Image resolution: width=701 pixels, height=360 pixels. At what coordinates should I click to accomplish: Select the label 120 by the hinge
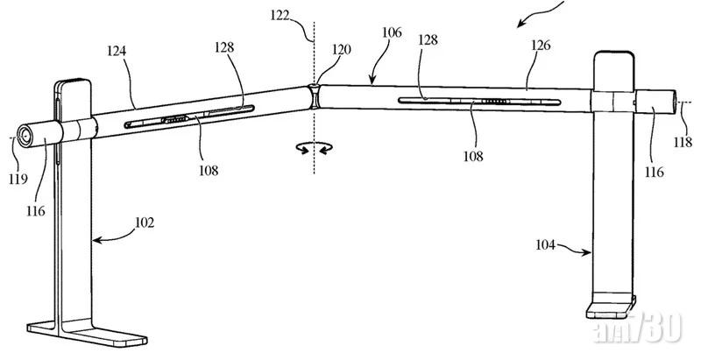click(x=341, y=50)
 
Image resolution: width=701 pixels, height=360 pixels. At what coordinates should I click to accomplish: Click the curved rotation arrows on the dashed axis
click(x=313, y=149)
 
